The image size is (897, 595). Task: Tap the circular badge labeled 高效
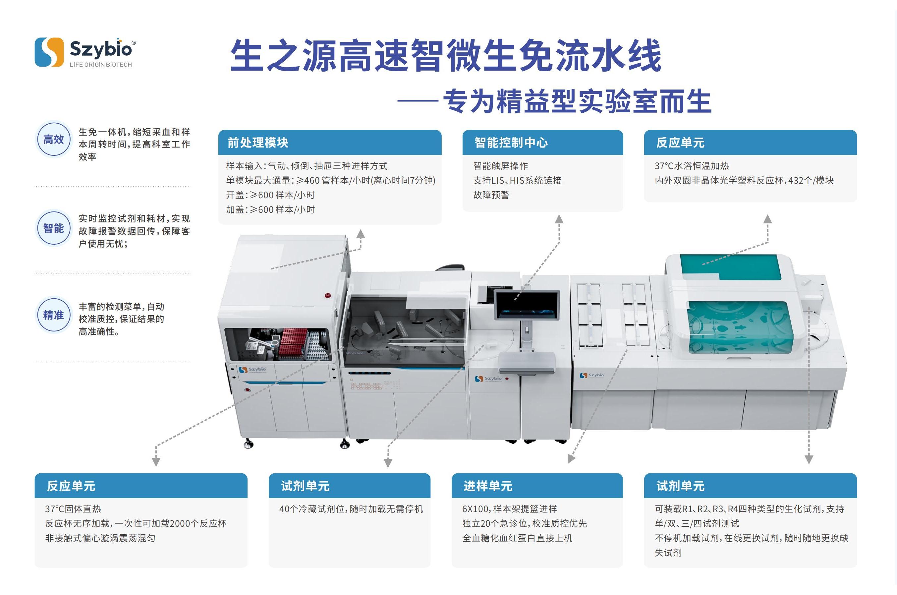(53, 140)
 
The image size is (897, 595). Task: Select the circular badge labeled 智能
(53, 228)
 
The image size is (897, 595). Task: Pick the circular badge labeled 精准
(53, 315)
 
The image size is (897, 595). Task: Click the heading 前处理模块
(258, 143)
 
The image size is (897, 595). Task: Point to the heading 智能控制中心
(511, 143)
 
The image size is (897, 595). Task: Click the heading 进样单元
(488, 486)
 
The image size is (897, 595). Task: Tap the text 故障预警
(491, 195)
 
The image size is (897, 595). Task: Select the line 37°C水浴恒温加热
(692, 166)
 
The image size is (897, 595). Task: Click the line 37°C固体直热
(73, 509)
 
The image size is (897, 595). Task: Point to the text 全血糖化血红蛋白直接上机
(517, 538)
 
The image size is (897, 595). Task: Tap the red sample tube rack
(292, 343)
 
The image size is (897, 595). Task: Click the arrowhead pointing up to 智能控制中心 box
(559, 219)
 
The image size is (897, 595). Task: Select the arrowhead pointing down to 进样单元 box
(571, 459)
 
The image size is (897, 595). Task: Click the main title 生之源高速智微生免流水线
(446, 55)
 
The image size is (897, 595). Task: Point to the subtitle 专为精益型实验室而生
(577, 101)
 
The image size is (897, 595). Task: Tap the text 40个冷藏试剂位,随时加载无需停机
(351, 509)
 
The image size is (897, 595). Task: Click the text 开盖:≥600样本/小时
(270, 195)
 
